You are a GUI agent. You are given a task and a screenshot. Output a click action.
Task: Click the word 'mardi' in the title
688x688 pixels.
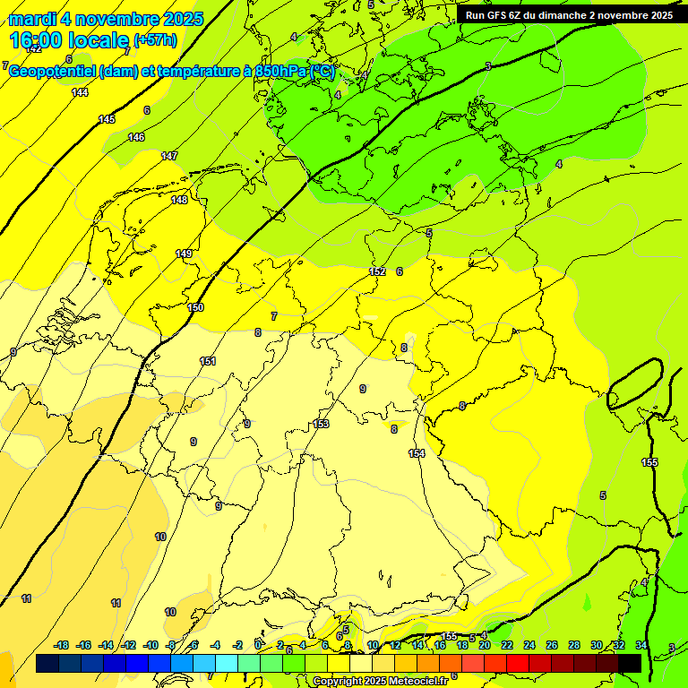(x=32, y=19)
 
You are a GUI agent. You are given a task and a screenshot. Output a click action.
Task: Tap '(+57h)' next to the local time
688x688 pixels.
(x=155, y=40)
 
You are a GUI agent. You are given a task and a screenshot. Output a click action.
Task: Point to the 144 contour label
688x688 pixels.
(x=80, y=92)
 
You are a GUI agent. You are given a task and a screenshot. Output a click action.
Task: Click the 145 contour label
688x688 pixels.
(x=107, y=119)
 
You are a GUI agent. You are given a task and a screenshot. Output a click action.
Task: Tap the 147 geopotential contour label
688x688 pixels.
(x=168, y=156)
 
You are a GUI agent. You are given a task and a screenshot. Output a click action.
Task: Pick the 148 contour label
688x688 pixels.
(x=179, y=200)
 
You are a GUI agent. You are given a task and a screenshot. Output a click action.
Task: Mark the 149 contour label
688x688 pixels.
(x=184, y=254)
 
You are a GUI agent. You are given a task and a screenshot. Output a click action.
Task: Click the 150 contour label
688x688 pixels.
(x=195, y=307)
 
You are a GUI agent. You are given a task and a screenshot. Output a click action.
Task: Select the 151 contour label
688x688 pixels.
(x=208, y=361)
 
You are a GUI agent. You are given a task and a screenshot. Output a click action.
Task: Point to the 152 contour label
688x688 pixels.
(x=377, y=271)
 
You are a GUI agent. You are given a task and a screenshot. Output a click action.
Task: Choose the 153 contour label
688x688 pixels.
(x=321, y=424)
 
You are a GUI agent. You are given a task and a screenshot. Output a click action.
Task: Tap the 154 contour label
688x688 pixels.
(x=417, y=453)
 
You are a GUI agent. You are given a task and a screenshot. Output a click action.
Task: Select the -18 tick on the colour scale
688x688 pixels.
(x=62, y=645)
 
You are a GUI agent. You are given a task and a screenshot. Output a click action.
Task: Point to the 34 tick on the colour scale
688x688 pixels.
(x=641, y=645)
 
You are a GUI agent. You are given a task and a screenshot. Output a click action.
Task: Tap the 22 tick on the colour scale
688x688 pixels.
(x=507, y=645)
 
